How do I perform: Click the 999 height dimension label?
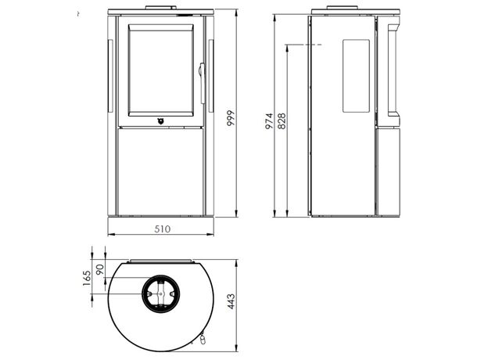230,117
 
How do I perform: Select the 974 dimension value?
269,121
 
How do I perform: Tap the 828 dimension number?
282,121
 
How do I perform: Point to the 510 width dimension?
163,229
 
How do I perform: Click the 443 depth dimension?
231,301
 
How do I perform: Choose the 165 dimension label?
87,278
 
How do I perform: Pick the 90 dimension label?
99,269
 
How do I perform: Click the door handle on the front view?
203,83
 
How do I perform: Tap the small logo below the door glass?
160,121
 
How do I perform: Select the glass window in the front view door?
161,70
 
